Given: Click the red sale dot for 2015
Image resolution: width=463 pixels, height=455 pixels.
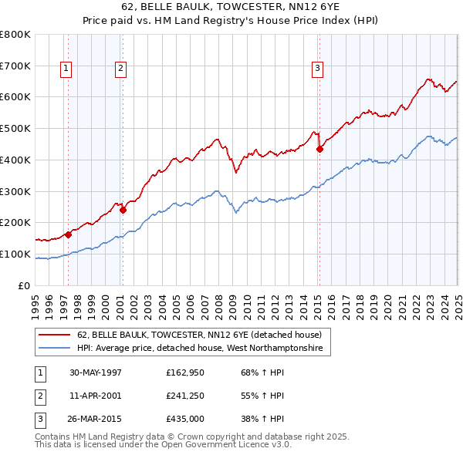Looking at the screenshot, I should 319,149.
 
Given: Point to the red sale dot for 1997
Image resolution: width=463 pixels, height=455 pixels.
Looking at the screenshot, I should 68,234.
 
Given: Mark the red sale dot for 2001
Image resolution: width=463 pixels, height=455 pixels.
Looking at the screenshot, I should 123,210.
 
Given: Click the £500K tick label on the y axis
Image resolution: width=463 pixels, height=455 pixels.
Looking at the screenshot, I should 15,129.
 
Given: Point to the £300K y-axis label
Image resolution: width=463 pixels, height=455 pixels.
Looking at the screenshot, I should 15,191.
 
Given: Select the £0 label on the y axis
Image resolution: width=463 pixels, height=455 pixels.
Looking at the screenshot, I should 24,285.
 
